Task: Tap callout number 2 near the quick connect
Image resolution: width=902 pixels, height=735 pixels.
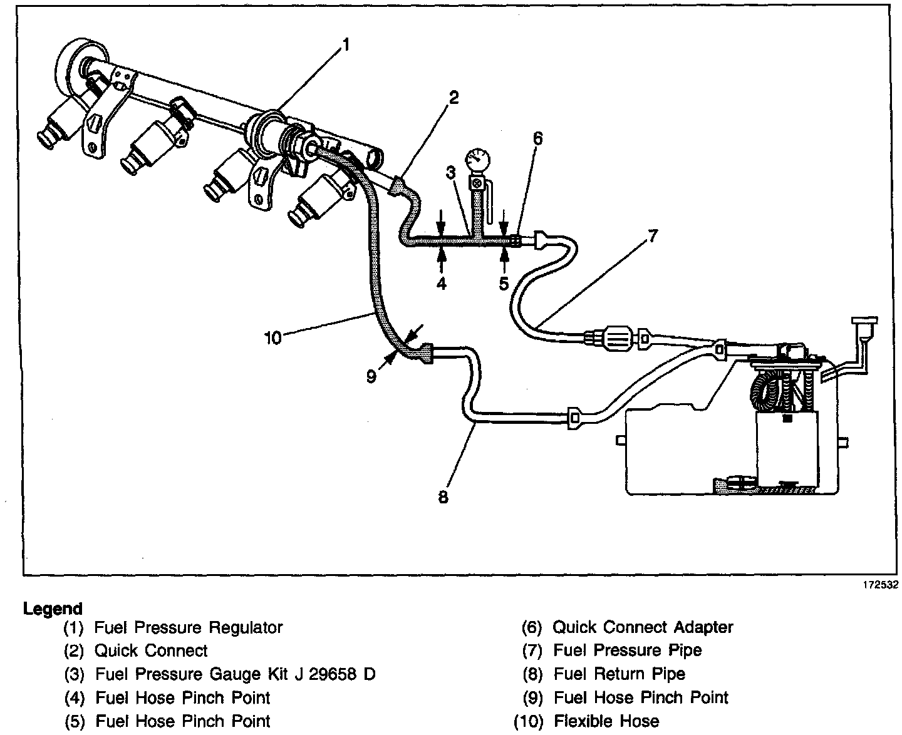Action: pyautogui.click(x=453, y=98)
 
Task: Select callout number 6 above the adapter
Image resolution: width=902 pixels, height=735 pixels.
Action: pyautogui.click(x=537, y=139)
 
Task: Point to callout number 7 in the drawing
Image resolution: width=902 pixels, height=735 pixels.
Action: pyautogui.click(x=652, y=237)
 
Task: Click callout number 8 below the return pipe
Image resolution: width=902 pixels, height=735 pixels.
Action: pyautogui.click(x=443, y=497)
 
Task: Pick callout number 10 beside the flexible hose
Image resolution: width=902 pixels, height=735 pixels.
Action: pyautogui.click(x=272, y=338)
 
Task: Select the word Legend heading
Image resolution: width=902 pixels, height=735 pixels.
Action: pyautogui.click(x=53, y=609)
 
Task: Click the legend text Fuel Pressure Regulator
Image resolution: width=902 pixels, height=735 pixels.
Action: pyautogui.click(x=189, y=627)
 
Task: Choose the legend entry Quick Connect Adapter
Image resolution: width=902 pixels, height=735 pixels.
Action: pyautogui.click(x=643, y=627)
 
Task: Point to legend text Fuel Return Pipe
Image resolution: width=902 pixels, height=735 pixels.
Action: pyautogui.click(x=619, y=674)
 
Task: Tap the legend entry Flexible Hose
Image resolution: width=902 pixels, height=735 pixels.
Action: pyautogui.click(x=606, y=721)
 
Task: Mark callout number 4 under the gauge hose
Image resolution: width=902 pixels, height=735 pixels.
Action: pyautogui.click(x=442, y=284)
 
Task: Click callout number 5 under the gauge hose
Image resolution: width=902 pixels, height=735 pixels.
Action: pyautogui.click(x=504, y=284)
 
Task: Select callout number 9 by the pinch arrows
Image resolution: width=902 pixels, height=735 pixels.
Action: pyautogui.click(x=371, y=377)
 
